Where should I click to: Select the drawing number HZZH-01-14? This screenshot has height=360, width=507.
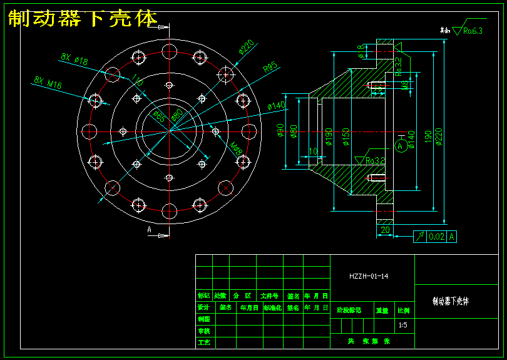[x=372, y=275]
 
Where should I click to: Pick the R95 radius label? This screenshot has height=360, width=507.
[x=270, y=66]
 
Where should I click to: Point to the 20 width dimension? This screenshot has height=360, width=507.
[x=385, y=230]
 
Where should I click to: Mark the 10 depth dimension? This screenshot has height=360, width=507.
[x=313, y=152]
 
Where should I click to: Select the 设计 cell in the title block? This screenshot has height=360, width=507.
[x=203, y=307]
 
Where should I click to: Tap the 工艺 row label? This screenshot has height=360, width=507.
[x=203, y=342]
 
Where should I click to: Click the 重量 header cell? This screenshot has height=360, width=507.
[x=382, y=310]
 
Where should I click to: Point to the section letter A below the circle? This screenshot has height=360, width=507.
[x=150, y=230]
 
